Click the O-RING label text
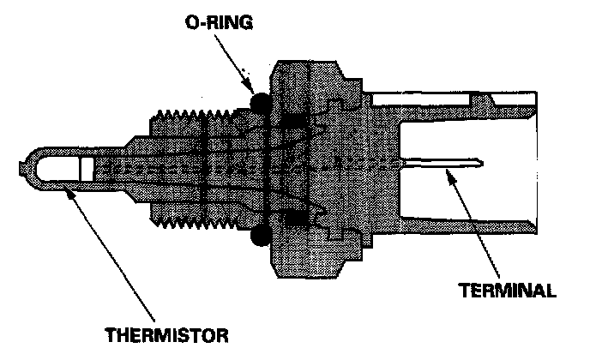coord(219,22)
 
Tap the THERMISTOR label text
coord(166,335)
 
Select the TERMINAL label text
coord(507,291)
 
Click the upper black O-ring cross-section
coord(260,103)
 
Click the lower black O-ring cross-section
coord(260,236)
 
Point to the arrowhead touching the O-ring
coord(249,86)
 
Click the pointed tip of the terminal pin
coord(483,163)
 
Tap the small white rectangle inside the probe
coord(87,169)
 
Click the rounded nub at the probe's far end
coord(21,169)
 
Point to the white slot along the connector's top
coord(421,99)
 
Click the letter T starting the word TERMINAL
coord(464,291)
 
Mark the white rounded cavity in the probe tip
coord(57,169)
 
